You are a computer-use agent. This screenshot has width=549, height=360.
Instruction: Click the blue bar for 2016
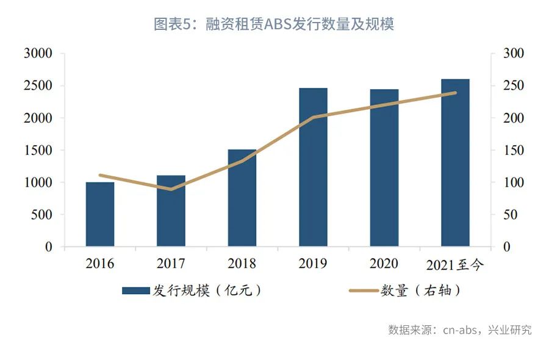pos(100,214)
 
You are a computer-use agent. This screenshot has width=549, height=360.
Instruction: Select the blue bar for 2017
pos(171,211)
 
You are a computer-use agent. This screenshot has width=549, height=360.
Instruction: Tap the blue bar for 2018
pos(242,198)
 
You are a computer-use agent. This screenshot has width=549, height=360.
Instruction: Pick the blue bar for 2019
pos(313,167)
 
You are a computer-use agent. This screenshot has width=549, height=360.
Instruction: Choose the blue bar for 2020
pos(384,168)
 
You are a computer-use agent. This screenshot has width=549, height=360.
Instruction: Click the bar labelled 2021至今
pos(455,163)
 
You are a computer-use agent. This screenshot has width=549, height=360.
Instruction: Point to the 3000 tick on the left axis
pos(38,54)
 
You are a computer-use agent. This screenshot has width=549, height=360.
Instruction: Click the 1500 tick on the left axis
pos(38,151)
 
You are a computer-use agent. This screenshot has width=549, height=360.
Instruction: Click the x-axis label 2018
pos(242,264)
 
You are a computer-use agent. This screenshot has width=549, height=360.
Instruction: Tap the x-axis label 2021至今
pos(454,264)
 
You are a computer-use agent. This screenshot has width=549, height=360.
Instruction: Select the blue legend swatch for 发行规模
pos(136,290)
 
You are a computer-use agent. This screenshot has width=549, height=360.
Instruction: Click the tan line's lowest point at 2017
pos(171,189)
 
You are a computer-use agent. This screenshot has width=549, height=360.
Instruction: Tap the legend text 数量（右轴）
pos(420,290)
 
